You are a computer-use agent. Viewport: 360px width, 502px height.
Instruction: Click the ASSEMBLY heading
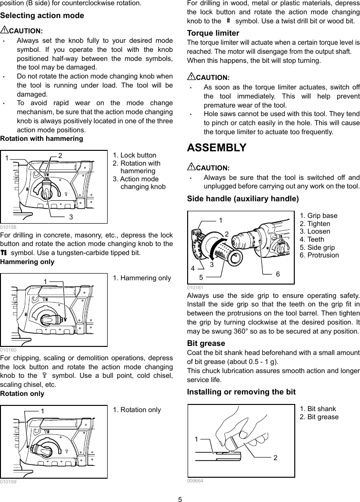(x=217, y=148)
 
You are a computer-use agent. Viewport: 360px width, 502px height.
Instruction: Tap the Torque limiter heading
(x=213, y=33)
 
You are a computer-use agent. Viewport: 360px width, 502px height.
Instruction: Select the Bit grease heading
(x=206, y=343)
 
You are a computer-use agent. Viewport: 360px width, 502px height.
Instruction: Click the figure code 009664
(x=195, y=481)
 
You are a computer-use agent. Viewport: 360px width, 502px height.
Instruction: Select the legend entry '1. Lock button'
(x=134, y=155)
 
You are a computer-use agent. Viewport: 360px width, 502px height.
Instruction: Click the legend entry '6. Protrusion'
(x=319, y=255)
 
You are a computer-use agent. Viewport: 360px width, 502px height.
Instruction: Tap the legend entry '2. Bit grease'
(x=319, y=417)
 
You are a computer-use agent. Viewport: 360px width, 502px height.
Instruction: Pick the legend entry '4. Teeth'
(x=312, y=239)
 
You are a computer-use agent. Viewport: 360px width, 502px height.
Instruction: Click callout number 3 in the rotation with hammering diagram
(x=70, y=217)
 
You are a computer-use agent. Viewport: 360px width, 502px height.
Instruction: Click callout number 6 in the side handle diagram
(x=278, y=274)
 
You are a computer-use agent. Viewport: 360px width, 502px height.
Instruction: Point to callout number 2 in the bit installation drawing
(x=275, y=457)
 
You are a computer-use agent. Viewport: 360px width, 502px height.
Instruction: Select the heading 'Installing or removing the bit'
(x=241, y=392)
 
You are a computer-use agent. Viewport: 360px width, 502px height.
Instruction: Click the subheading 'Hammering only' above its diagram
(x=28, y=262)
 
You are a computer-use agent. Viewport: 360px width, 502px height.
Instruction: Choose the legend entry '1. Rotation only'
(x=137, y=410)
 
